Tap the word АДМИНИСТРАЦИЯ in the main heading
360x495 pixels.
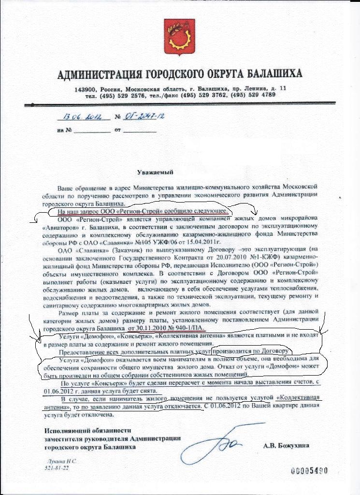[100, 74]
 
